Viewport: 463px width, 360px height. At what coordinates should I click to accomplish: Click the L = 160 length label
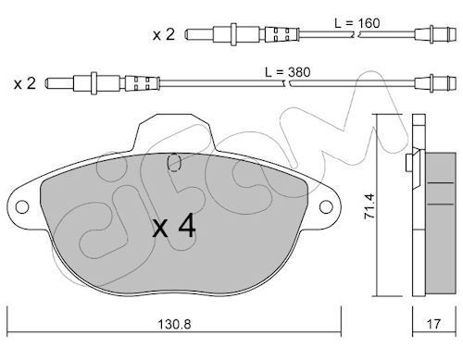coord(357,23)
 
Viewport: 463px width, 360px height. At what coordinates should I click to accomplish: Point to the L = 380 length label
coord(288,72)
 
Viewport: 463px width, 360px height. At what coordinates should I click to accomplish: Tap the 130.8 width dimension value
coord(174,324)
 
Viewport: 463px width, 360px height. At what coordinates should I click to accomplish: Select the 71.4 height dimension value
coord(369,206)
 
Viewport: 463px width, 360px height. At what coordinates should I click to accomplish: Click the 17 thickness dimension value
coord(434,324)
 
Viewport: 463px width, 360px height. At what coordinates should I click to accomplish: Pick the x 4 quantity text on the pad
coord(174,227)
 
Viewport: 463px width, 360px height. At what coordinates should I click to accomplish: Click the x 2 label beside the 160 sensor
coord(164,34)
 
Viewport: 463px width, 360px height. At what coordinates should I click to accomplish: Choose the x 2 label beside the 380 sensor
coord(25,83)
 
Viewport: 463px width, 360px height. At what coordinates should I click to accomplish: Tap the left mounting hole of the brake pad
coord(22,206)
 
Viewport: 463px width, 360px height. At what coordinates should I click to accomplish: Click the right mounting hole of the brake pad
coord(326,206)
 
